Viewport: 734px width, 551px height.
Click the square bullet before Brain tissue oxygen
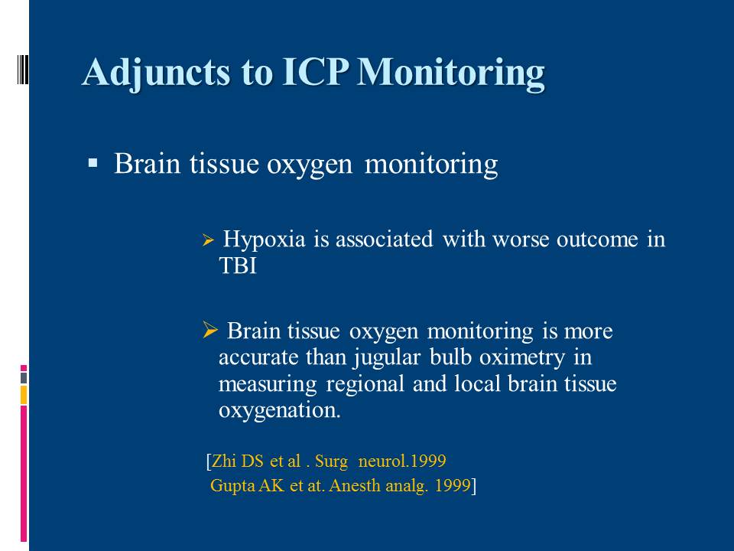pyautogui.click(x=93, y=164)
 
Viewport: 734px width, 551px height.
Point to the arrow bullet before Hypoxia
pyautogui.click(x=208, y=241)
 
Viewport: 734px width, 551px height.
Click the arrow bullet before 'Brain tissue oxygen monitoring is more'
pyautogui.click(x=211, y=330)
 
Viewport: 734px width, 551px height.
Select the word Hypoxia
pyautogui.click(x=264, y=240)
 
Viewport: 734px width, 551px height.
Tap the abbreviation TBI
pyautogui.click(x=238, y=266)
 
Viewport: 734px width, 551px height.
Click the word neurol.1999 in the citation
pyautogui.click(x=401, y=461)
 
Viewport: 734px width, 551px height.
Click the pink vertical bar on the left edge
pyautogui.click(x=24, y=474)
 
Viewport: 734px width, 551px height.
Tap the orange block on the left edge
pyautogui.click(x=24, y=395)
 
